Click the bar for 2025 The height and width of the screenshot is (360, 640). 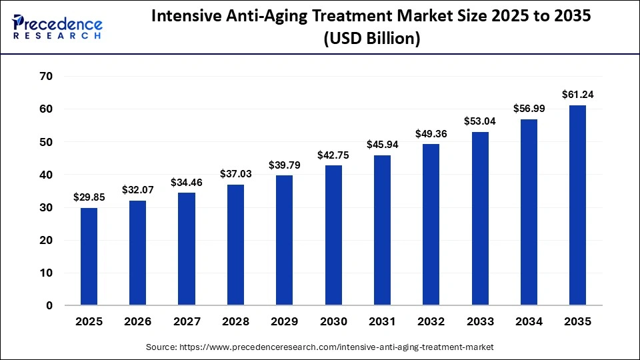89,257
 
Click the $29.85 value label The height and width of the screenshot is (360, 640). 89,197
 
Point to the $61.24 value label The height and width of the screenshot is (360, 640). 577,95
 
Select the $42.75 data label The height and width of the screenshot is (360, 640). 333,155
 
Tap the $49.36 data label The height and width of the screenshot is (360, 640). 431,133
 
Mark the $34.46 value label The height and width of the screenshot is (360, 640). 187,182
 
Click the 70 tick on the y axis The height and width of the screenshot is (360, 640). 46,77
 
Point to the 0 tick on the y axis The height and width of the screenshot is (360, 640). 49,306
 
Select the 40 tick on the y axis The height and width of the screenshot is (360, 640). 46,175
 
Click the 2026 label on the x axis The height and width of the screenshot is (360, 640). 138,321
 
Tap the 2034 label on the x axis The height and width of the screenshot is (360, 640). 529,321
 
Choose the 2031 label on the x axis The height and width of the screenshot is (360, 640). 382,321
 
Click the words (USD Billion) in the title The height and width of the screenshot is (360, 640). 371,39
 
